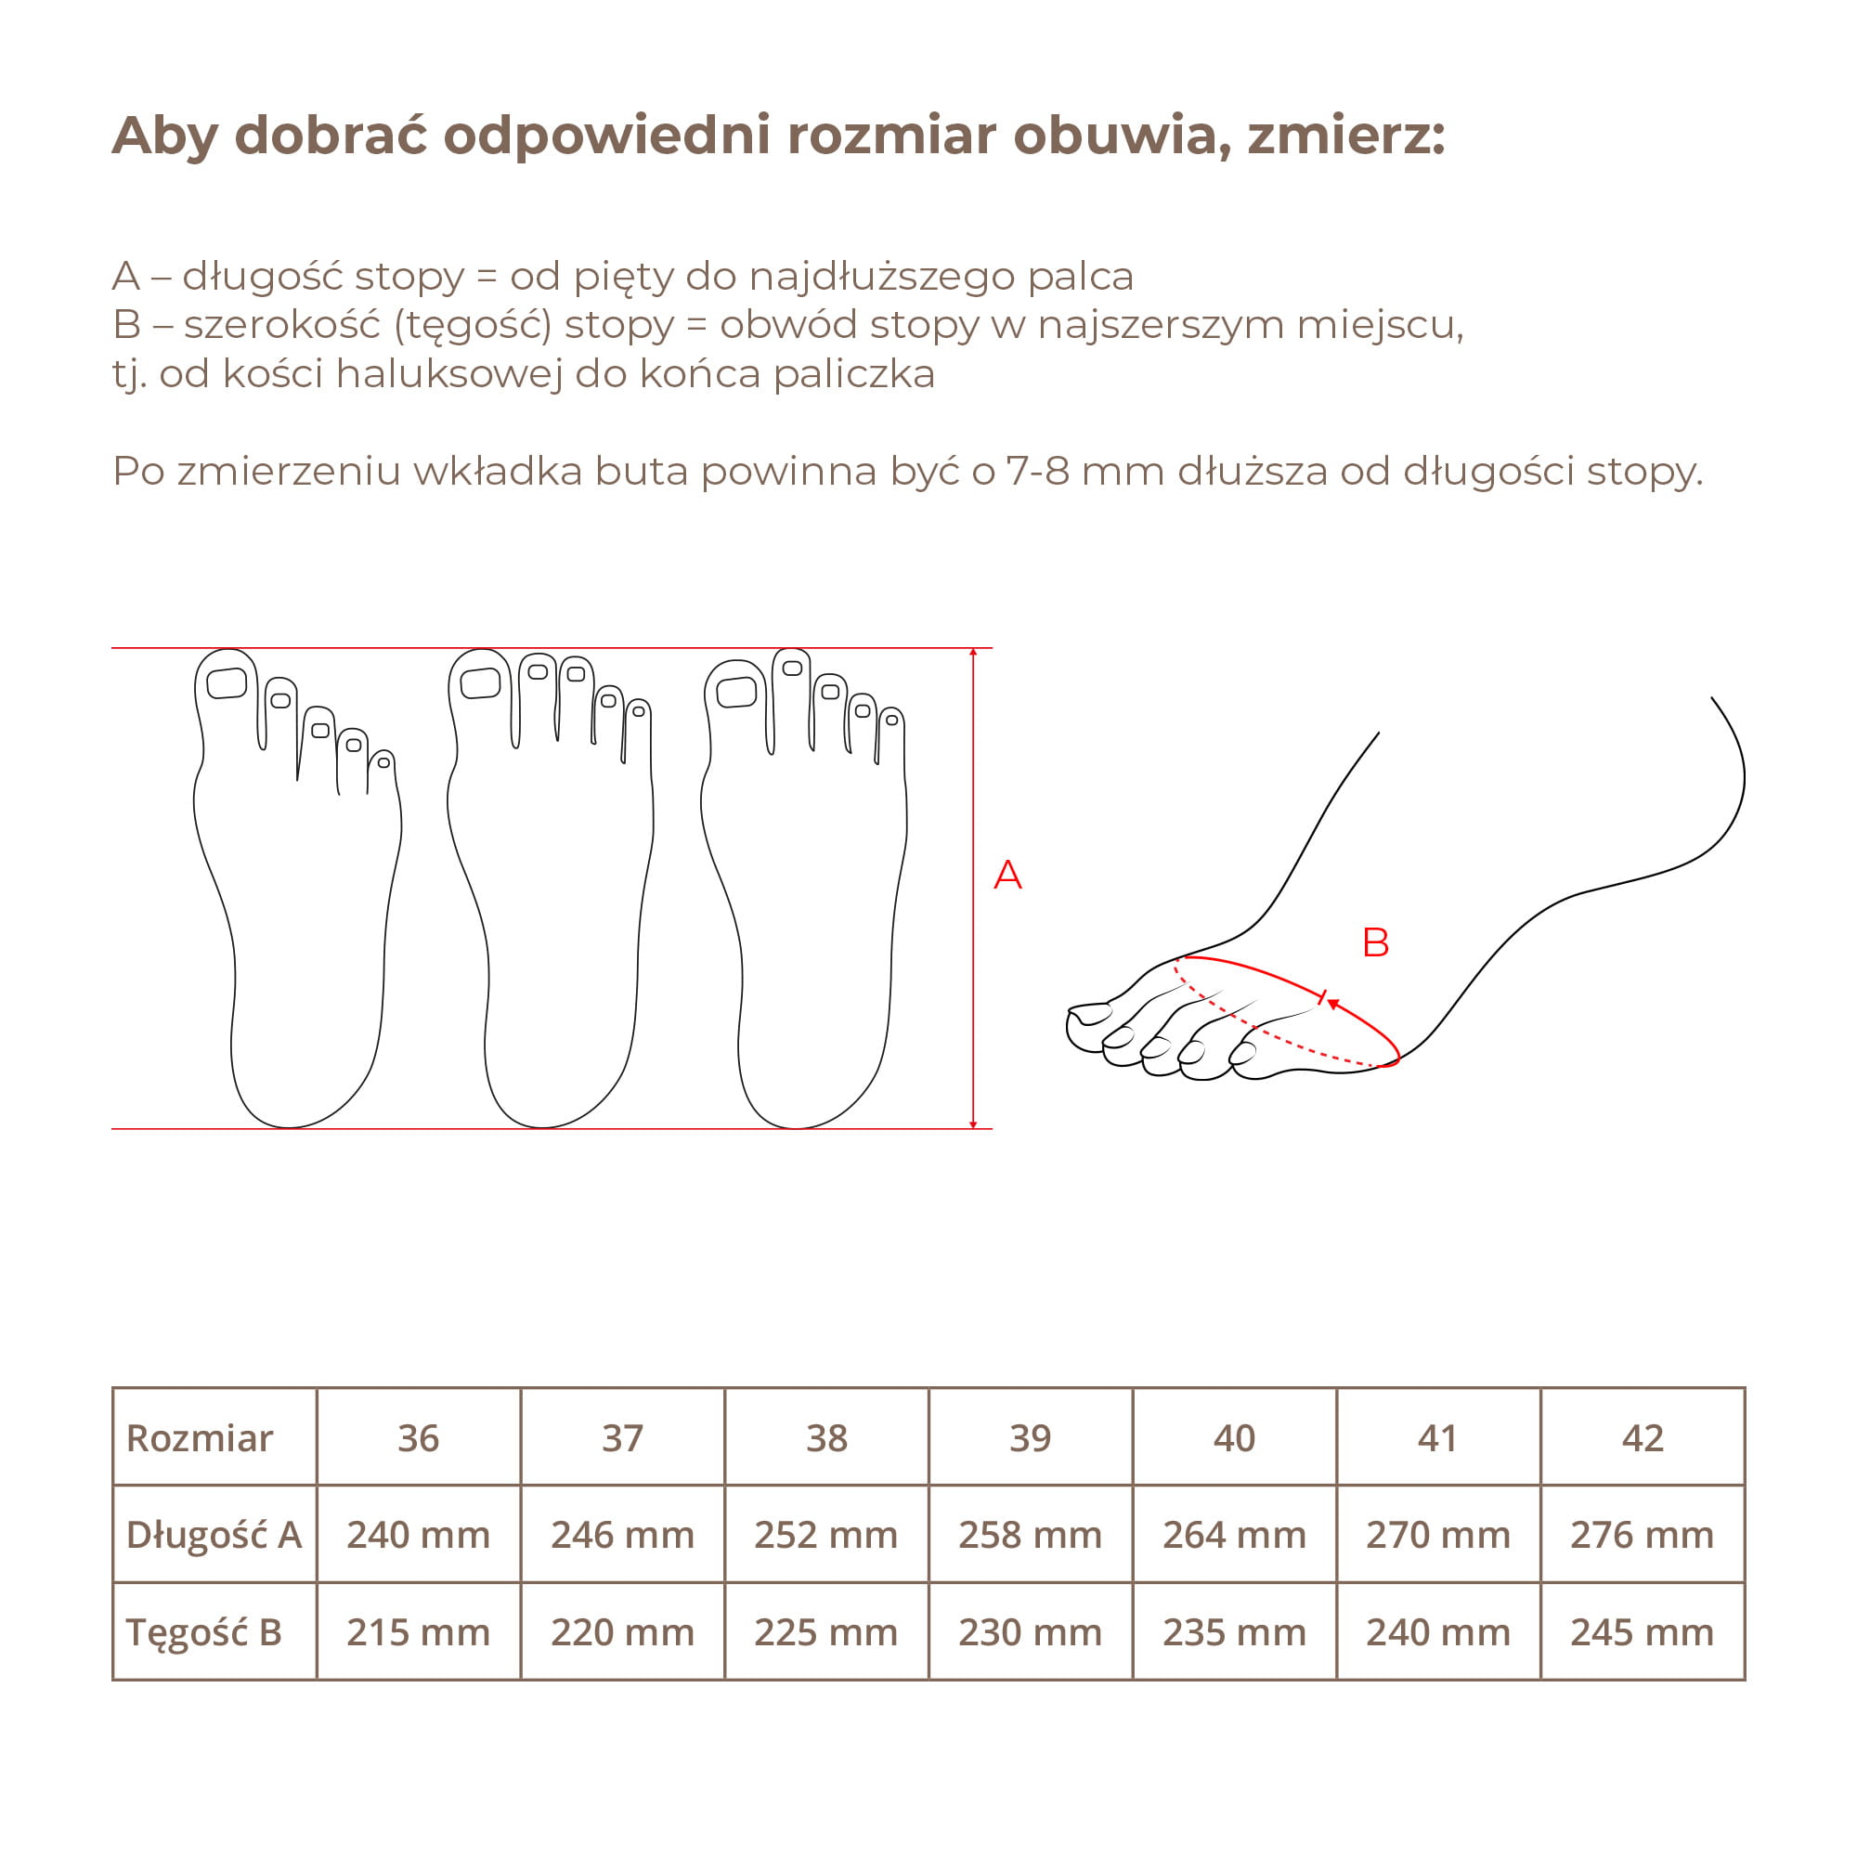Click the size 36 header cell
point(418,1438)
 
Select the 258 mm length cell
point(1031,1535)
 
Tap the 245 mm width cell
point(1642,1632)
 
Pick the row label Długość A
point(214,1535)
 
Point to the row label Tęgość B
point(214,1632)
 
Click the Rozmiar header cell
point(214,1438)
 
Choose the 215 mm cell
point(418,1632)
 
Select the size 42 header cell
point(1642,1438)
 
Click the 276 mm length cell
point(1642,1535)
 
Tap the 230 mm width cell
point(1031,1632)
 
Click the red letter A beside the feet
point(1007,875)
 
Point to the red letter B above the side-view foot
point(1375,941)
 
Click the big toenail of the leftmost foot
point(227,683)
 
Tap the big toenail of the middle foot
point(481,683)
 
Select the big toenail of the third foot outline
point(736,692)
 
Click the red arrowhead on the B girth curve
point(1334,1005)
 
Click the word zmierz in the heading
point(1346,136)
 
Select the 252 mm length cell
point(826,1535)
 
